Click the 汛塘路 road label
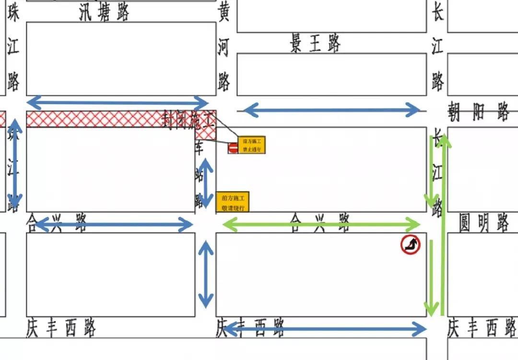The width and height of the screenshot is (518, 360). [104, 13]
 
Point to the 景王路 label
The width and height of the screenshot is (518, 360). [315, 44]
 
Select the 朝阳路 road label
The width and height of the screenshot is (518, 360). [479, 112]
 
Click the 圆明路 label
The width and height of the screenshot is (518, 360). [484, 223]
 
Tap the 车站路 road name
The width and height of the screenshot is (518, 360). [199, 175]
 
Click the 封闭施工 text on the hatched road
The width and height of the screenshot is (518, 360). [188, 119]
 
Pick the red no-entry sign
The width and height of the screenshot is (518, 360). [233, 148]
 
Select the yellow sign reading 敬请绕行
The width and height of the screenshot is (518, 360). [233, 202]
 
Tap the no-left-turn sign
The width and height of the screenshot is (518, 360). [411, 245]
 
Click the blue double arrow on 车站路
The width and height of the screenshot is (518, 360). [206, 182]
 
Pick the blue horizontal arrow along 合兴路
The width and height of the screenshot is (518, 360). [114, 224]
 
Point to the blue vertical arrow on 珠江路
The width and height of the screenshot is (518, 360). [15, 164]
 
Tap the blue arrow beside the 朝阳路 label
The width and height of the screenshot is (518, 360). [331, 110]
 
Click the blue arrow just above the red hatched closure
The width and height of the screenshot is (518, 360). [118, 102]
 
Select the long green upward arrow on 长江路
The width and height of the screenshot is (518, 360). [444, 226]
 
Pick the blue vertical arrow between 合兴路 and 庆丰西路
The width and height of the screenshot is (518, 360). [206, 274]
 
